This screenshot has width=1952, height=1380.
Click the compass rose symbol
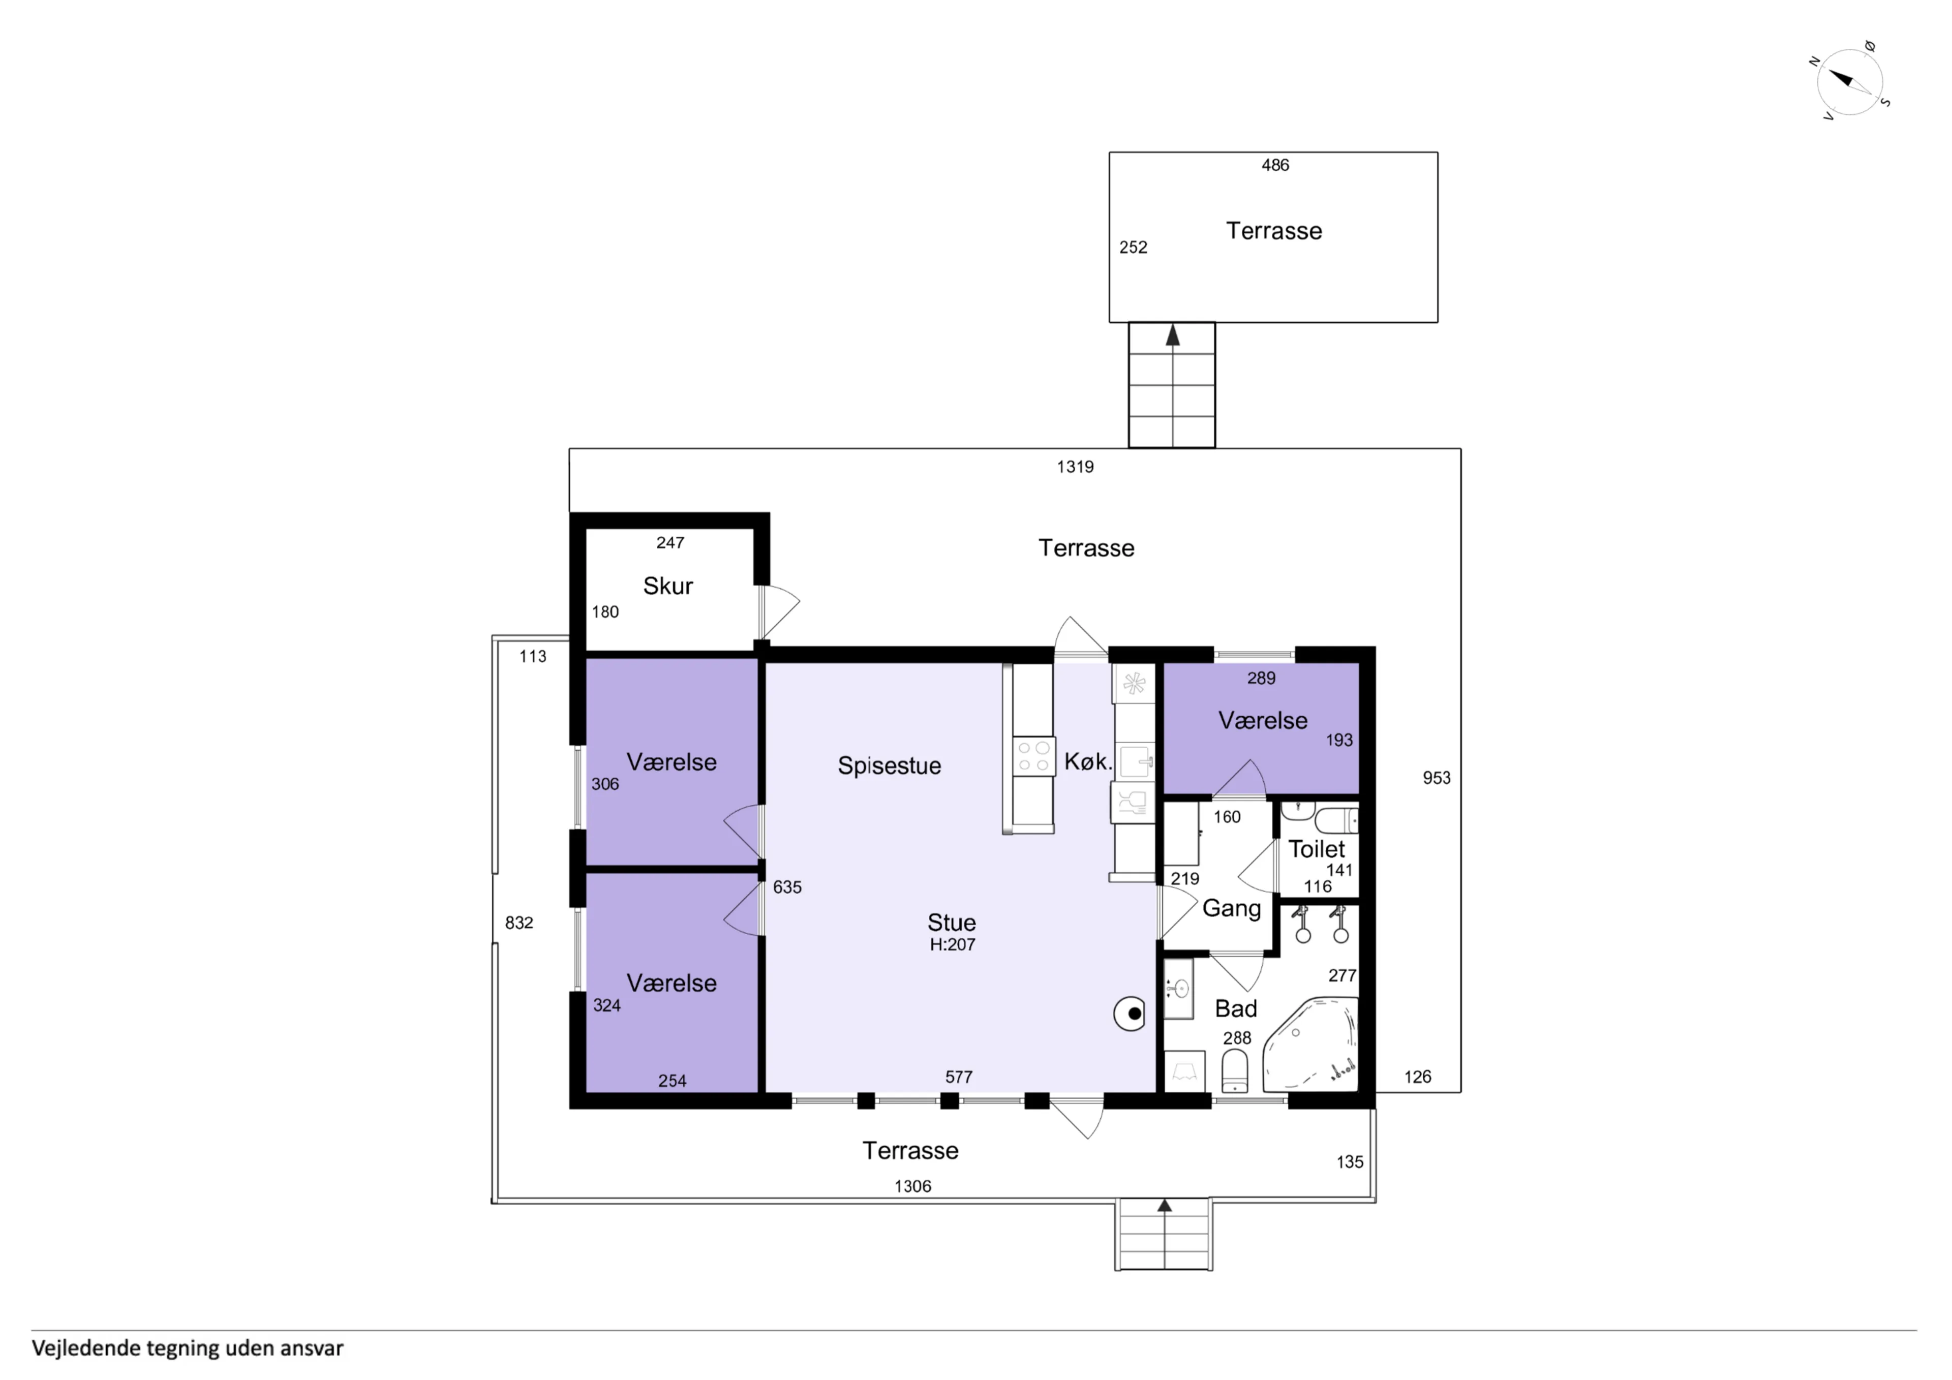1849,82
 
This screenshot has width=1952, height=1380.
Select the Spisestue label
889,765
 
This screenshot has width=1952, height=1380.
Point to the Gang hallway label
1231,909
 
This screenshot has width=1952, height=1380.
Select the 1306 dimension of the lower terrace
912,1186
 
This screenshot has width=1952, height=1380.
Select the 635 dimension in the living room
787,887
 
